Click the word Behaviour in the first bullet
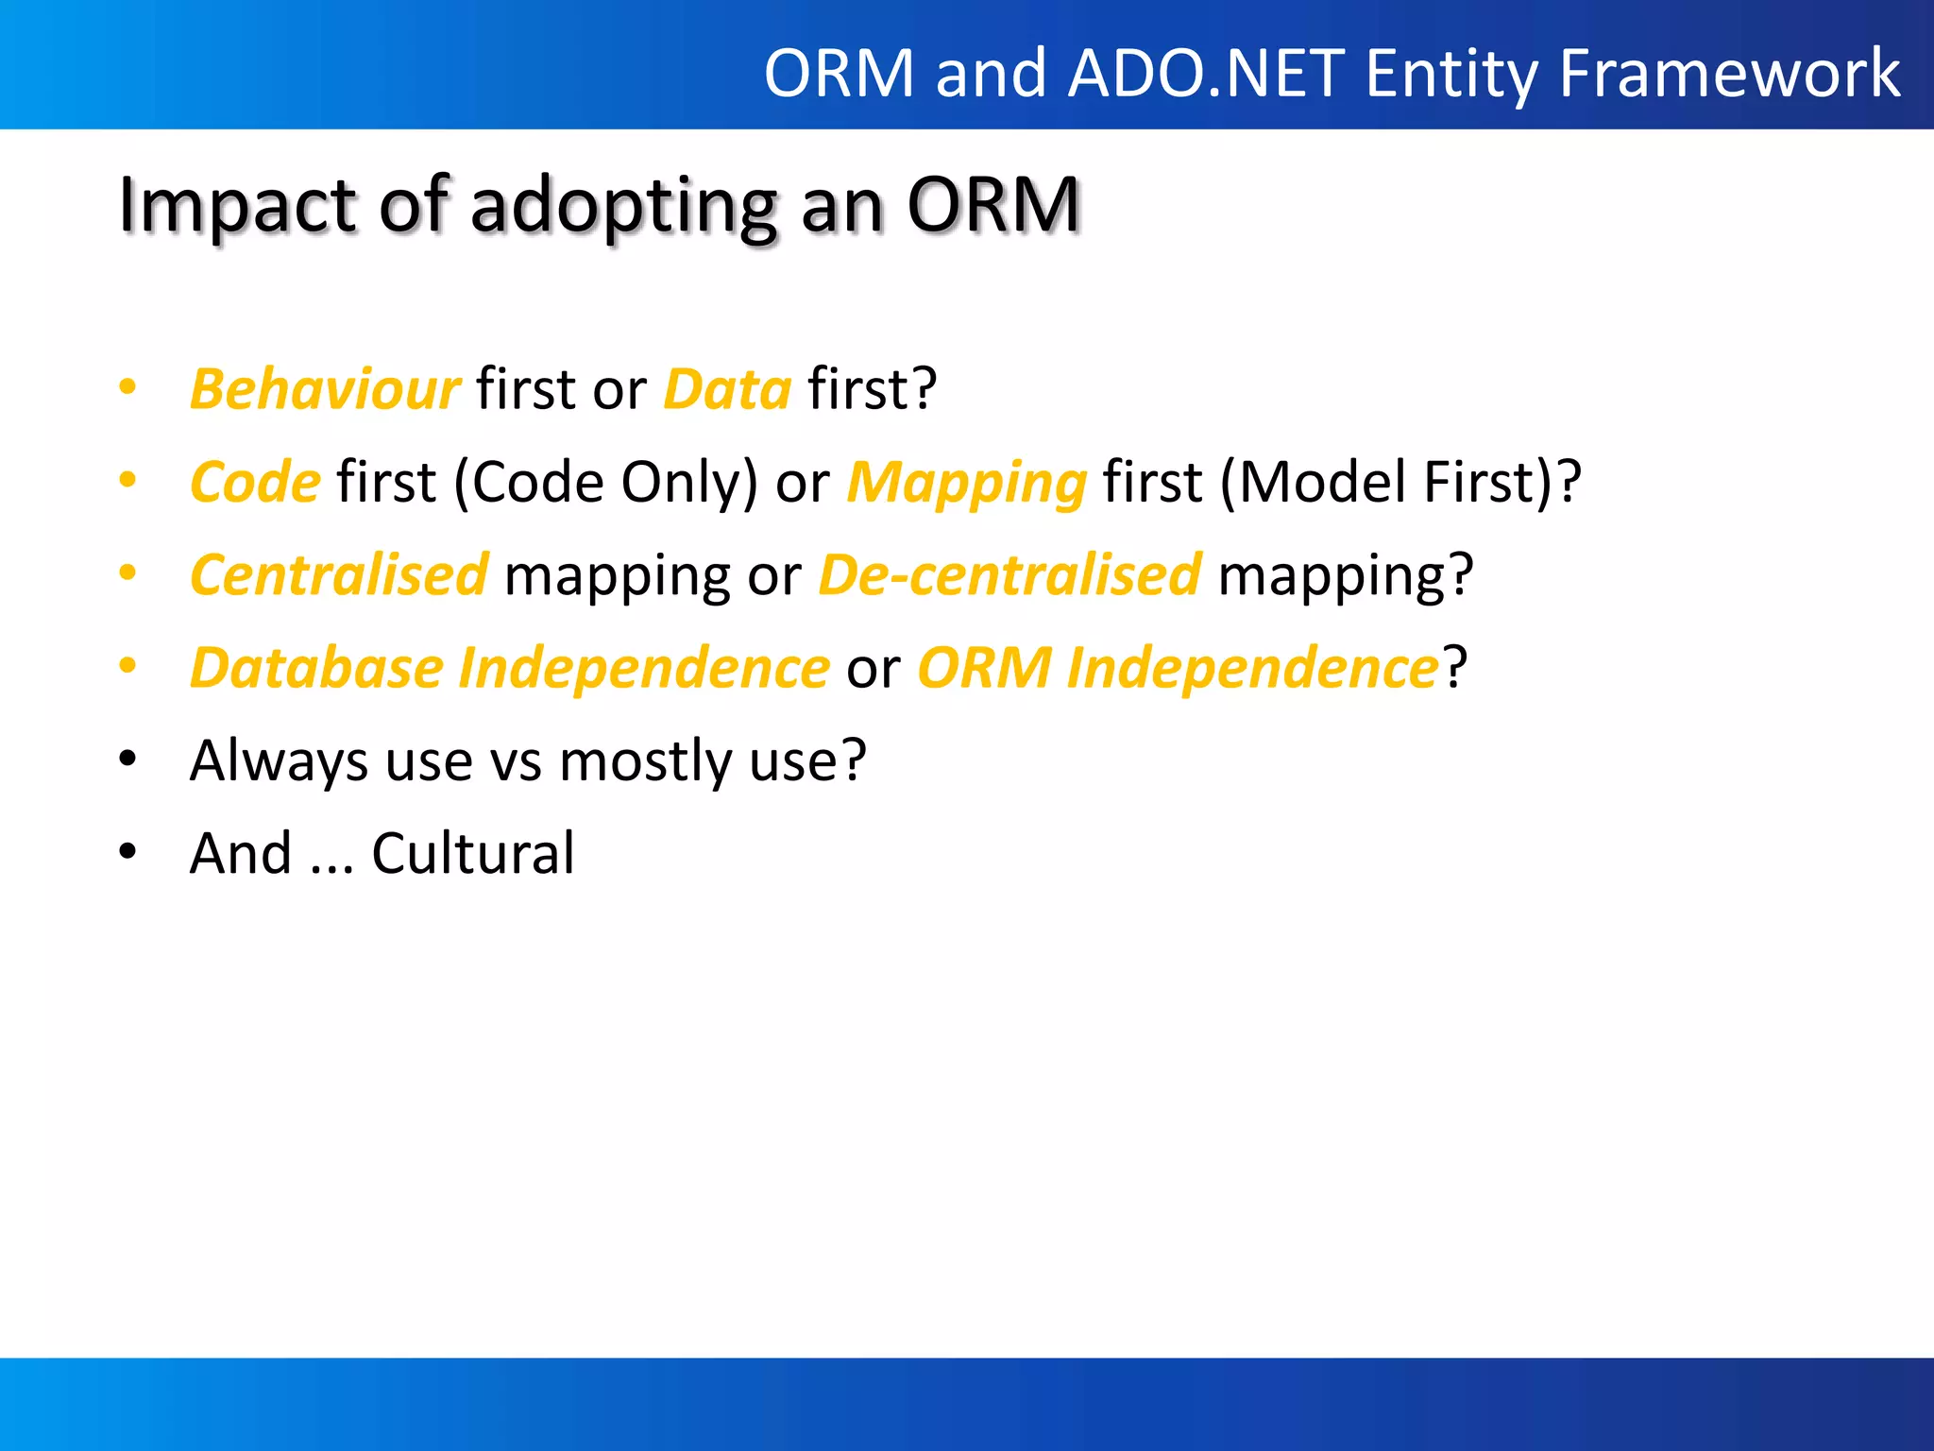coord(325,389)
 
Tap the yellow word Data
coord(726,389)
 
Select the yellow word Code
coord(255,482)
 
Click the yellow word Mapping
coord(966,482)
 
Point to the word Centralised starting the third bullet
coord(339,574)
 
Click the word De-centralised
coord(1009,574)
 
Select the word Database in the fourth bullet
coord(316,668)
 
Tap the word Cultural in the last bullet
coord(472,853)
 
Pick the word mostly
coord(645,760)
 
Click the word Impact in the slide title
coord(237,205)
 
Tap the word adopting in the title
coord(623,205)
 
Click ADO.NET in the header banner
coord(1207,73)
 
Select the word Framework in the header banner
coord(1729,73)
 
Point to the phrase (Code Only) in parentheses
coord(605,482)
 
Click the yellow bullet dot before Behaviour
coord(127,387)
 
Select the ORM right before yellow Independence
coord(983,668)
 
